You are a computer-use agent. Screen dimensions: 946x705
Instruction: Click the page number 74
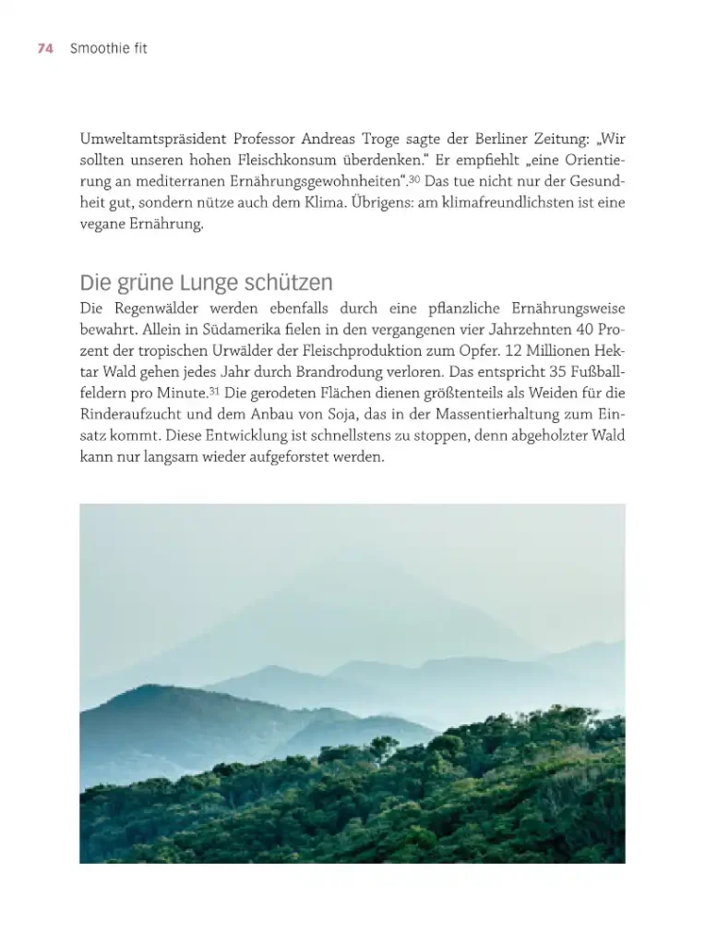[45, 49]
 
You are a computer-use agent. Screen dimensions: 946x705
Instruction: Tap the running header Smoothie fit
[108, 49]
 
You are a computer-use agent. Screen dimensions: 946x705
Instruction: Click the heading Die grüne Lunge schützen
[206, 282]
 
